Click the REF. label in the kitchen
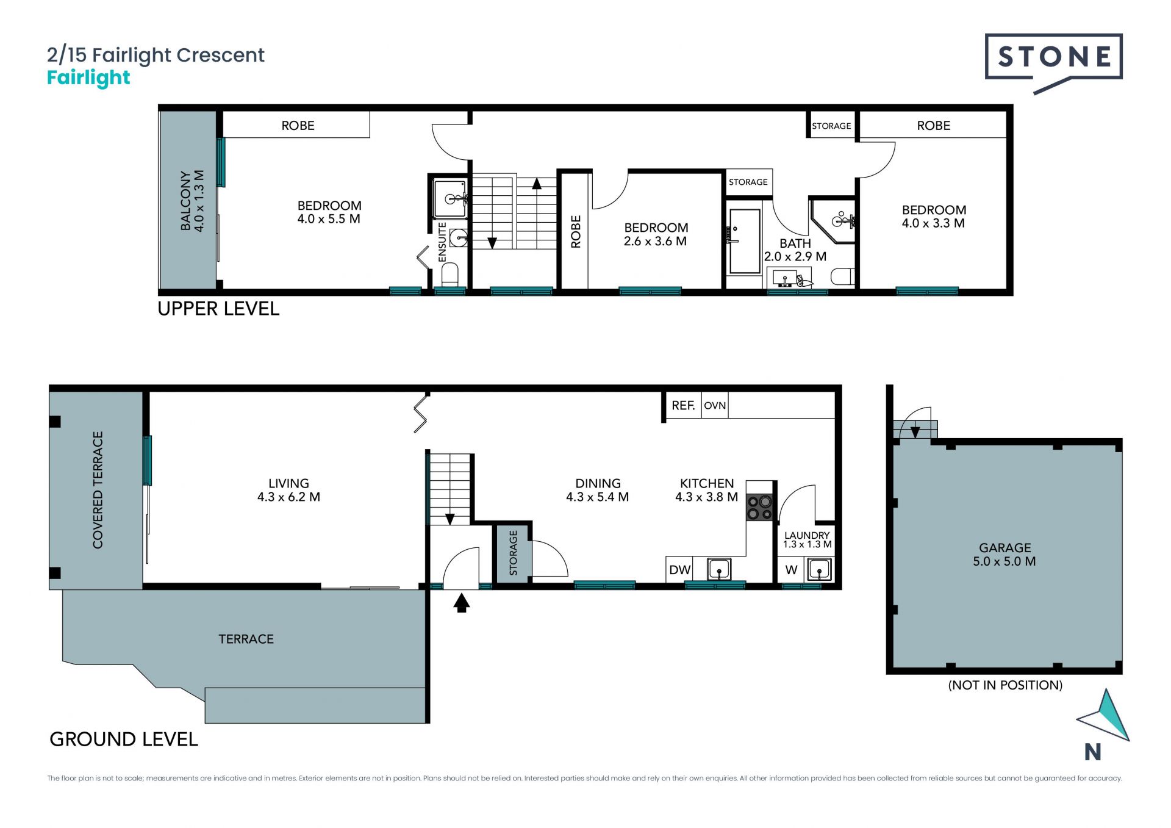click(683, 406)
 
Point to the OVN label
click(715, 406)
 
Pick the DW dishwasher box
click(679, 570)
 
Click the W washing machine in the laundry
click(791, 570)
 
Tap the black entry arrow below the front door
click(462, 603)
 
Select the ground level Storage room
click(513, 553)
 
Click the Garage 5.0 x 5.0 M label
click(1004, 555)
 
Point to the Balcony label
click(192, 201)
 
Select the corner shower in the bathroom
click(834, 221)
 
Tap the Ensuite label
click(443, 242)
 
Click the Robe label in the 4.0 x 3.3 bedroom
click(934, 126)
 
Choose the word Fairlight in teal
click(89, 78)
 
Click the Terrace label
click(246, 639)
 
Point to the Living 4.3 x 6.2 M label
click(288, 490)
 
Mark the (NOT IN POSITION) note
click(1005, 685)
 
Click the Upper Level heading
click(218, 309)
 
